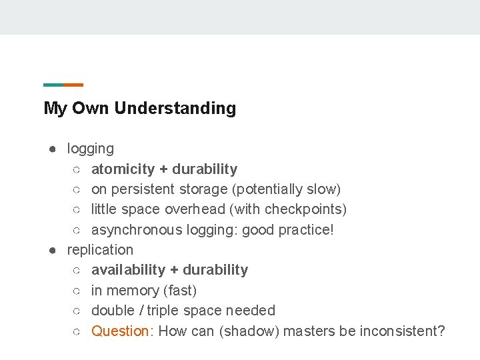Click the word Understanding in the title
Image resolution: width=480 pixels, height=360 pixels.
(175, 108)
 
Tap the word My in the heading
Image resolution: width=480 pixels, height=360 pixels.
(55, 108)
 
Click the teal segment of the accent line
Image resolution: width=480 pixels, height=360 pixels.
(53, 85)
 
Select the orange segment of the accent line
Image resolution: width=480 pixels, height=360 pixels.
(73, 85)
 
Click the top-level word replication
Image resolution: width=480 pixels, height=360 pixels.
(100, 250)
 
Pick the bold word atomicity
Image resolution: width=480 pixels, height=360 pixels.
(123, 169)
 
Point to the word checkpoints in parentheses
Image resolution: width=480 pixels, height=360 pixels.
(303, 209)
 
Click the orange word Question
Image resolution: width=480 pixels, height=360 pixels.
(120, 331)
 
